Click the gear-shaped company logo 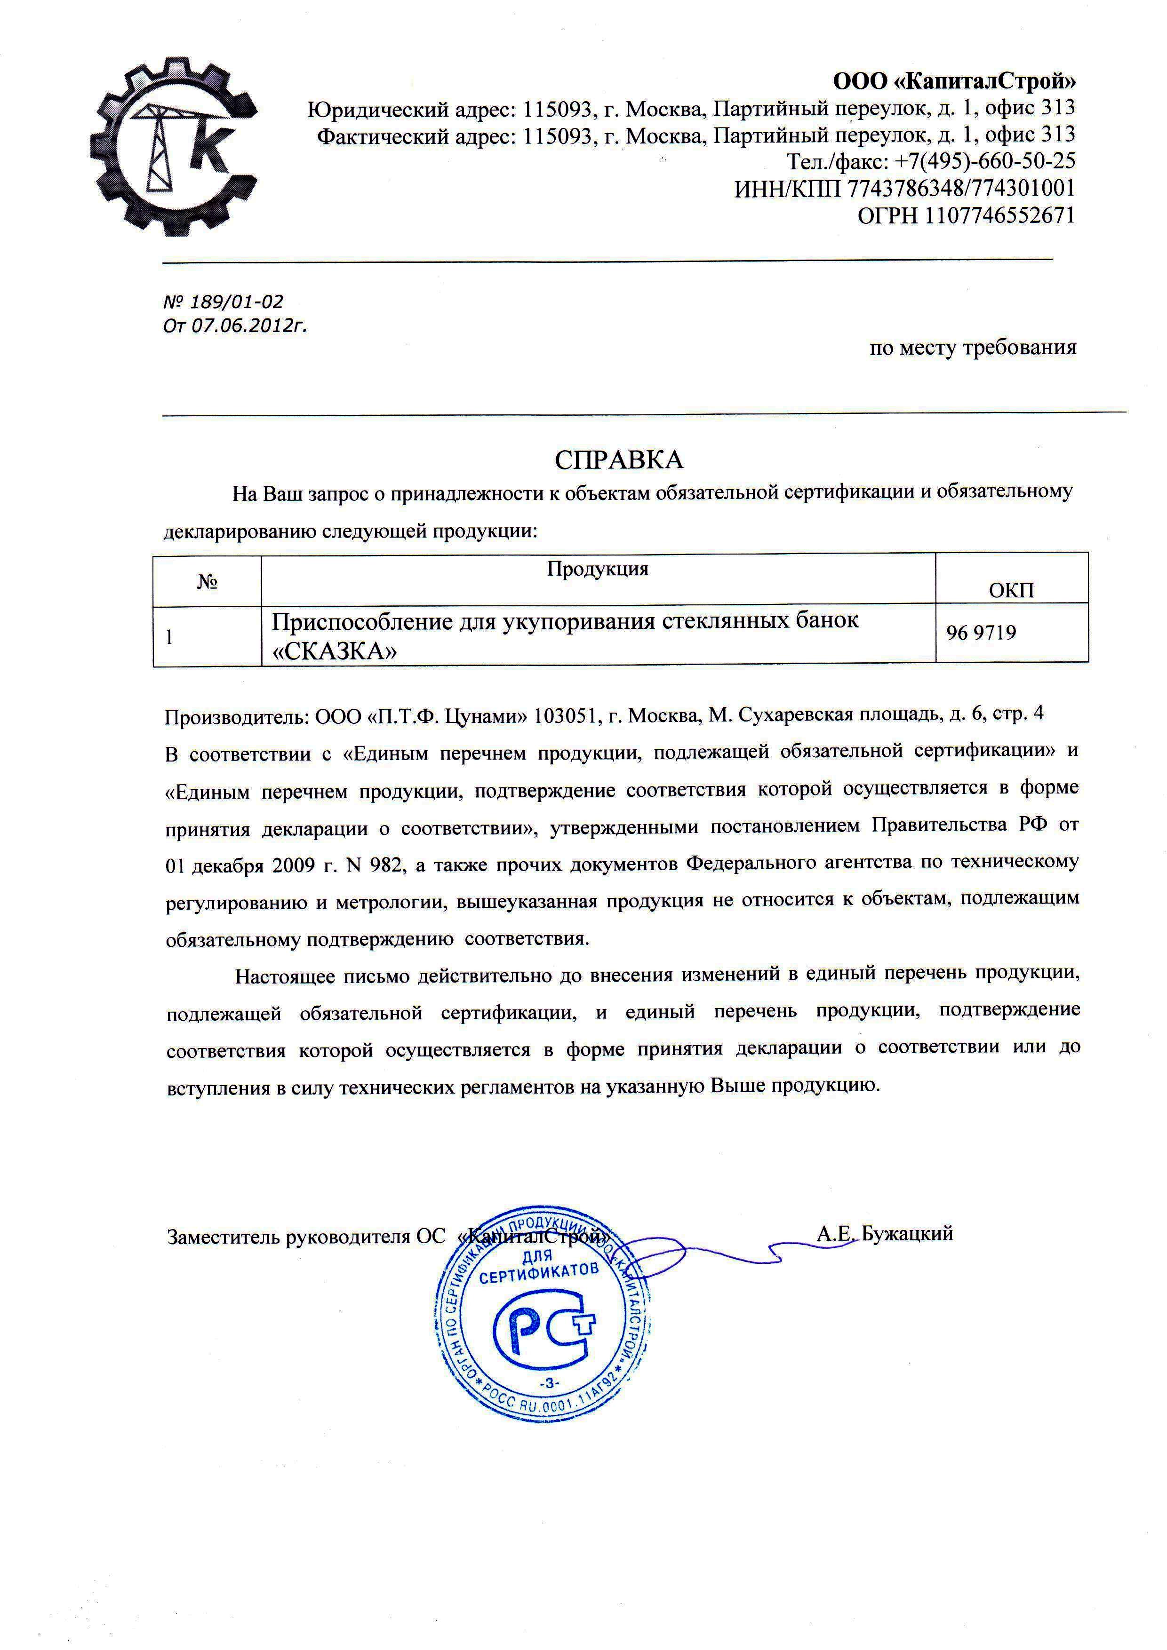tap(173, 147)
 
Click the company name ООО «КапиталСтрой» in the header tap(954, 81)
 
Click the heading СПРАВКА tap(618, 460)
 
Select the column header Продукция tap(598, 569)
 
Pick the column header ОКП tap(1011, 591)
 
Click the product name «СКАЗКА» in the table tap(335, 651)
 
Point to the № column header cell tap(207, 581)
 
